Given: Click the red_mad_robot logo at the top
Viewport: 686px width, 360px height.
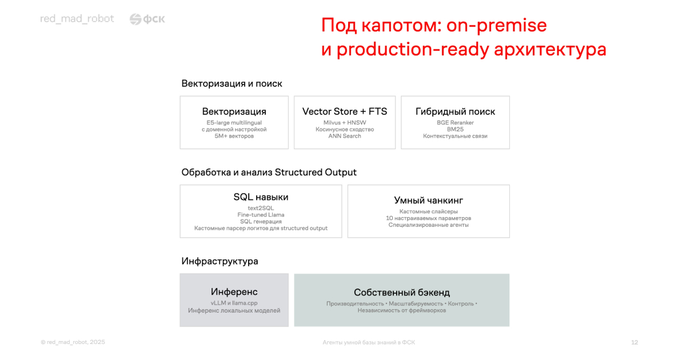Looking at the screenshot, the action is click(77, 19).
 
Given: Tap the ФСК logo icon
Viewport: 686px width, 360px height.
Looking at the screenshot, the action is click(135, 19).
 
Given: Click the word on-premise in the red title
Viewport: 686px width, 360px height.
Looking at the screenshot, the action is click(496, 25).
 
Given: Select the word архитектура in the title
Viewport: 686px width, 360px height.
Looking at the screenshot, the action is click(550, 49).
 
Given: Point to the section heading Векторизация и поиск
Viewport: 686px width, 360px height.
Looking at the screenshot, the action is click(232, 83).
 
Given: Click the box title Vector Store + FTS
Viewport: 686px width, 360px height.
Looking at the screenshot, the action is click(345, 111).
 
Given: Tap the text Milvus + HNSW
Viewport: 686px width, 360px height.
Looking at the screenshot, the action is click(345, 122).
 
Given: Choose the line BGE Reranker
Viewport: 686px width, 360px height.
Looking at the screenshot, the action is click(455, 122).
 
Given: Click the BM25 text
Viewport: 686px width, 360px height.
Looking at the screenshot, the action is click(455, 129).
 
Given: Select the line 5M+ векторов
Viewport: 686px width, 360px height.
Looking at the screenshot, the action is click(234, 136).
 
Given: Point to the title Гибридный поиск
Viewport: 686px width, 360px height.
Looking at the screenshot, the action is click(455, 112).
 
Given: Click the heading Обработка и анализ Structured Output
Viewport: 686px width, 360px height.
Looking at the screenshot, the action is click(269, 173).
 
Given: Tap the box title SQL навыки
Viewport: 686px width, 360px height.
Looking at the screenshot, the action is click(261, 197).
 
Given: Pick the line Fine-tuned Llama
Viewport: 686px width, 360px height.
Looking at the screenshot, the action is click(261, 215).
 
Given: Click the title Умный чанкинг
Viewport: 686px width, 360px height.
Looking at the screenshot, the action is click(428, 200).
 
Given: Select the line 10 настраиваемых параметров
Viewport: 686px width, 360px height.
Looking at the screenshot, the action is click(428, 218).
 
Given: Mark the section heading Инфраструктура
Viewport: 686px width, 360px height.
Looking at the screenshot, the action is click(220, 261).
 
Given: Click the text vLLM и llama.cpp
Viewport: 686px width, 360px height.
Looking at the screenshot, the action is click(234, 303).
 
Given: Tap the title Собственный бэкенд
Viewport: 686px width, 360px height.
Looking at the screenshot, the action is click(402, 293).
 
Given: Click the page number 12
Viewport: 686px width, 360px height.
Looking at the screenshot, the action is click(635, 342).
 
